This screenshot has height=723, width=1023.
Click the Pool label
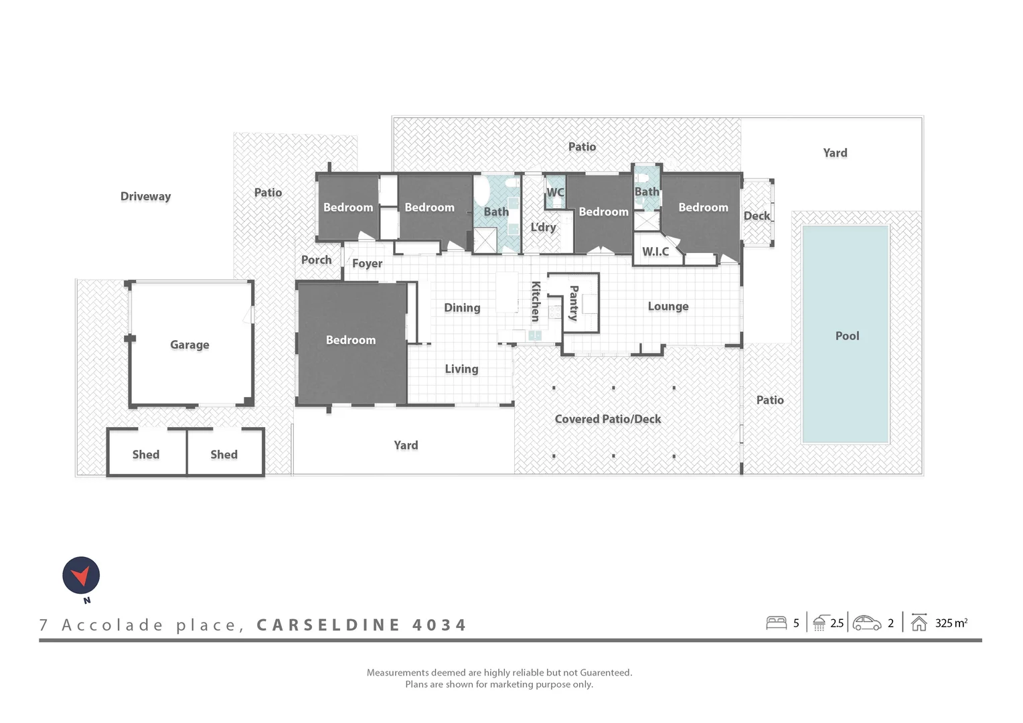tap(847, 336)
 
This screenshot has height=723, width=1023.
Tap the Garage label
tap(189, 345)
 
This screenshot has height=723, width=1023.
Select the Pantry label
tap(574, 303)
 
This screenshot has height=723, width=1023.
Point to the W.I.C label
tap(655, 252)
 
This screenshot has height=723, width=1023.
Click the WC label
tap(555, 193)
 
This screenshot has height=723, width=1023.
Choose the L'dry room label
tap(543, 227)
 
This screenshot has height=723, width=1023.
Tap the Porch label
tap(316, 260)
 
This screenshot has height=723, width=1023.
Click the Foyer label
tap(367, 264)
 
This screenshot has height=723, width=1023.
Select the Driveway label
tap(145, 196)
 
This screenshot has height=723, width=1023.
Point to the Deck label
tap(757, 216)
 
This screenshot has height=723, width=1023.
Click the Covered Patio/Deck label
tap(607, 419)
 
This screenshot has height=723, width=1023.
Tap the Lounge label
tap(667, 307)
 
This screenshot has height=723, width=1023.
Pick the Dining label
tap(462, 308)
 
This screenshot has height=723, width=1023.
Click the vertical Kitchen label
tap(536, 301)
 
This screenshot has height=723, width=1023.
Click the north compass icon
tap(81, 576)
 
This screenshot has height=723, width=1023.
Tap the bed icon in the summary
tap(776, 623)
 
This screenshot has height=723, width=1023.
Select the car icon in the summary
tap(867, 623)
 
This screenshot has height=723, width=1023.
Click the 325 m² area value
tap(951, 623)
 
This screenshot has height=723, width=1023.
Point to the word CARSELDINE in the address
tap(328, 625)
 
